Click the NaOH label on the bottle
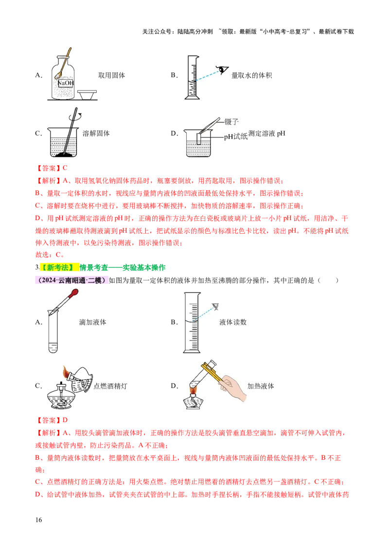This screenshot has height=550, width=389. coord(65,83)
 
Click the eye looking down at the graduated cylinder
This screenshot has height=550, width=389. coord(223,69)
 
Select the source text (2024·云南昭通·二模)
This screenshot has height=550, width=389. coord(71,280)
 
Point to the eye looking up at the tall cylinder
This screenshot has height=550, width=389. coord(215,307)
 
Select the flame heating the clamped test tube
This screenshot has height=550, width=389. coord(193,389)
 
